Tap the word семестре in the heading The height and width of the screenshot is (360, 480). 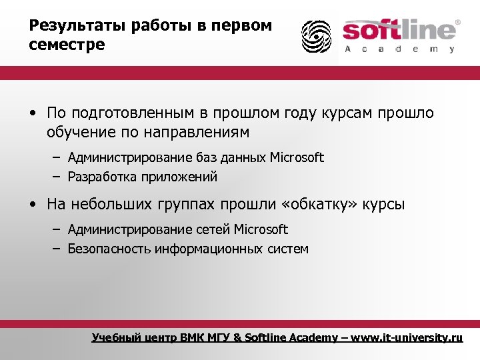click(x=67, y=45)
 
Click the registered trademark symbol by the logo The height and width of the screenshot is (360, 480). click(x=457, y=23)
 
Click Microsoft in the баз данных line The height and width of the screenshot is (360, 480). click(x=297, y=158)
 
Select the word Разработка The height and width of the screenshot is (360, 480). click(x=102, y=177)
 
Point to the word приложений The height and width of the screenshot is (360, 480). click(x=179, y=177)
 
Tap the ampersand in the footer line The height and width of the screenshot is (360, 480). click(x=239, y=338)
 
